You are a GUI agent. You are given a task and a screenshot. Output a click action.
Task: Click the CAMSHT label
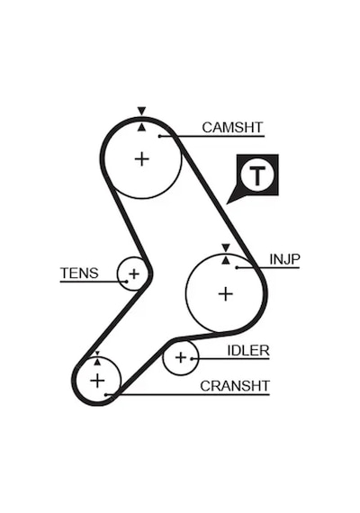coord(232,127)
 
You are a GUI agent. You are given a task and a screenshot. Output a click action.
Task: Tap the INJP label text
coord(284,259)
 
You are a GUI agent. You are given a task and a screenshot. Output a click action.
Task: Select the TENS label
coord(79,273)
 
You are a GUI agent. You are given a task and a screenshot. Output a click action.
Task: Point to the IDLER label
coord(248,351)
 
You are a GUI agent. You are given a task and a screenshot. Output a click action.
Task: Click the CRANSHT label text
coord(235,386)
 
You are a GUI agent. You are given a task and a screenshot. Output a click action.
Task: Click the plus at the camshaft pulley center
coord(142,159)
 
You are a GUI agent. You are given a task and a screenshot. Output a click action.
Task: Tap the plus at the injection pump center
coord(226,293)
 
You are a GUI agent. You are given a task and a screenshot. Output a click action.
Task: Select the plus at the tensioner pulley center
coord(134,274)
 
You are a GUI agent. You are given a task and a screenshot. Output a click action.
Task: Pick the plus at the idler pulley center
coord(181,357)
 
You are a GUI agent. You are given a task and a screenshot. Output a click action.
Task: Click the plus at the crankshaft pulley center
coord(97,381)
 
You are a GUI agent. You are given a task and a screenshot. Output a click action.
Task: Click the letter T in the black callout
coord(257,176)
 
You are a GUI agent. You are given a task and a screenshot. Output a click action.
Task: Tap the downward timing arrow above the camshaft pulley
coord(141,111)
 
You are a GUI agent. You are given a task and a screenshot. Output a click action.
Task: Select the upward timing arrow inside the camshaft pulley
coord(141,127)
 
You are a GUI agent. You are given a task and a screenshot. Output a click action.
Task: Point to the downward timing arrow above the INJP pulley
coord(226,247)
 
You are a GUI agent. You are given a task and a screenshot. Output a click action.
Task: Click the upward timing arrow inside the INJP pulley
coord(226,260)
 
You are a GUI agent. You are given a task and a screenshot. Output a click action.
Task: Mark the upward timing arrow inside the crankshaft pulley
coord(97,362)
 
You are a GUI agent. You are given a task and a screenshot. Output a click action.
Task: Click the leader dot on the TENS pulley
coord(126,281)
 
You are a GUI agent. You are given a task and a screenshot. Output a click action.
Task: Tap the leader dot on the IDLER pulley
coord(192,358)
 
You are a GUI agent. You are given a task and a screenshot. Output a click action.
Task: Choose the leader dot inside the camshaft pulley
coord(159,136)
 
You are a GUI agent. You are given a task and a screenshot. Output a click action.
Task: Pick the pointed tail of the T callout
coord(227,203)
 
